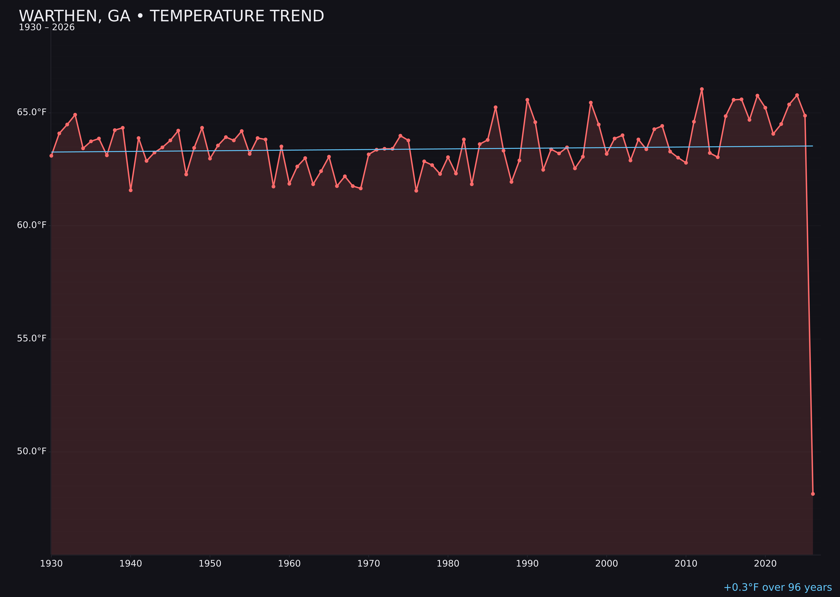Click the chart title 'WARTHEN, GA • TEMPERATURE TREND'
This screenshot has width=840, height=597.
171,16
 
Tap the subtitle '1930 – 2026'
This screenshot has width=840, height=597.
47,27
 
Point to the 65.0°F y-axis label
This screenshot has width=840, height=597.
32,112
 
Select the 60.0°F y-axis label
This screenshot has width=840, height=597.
32,225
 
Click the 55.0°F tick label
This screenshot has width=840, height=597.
32,338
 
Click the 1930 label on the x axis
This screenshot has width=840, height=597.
51,564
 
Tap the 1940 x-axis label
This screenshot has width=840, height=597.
131,564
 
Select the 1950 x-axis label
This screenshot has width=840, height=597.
210,564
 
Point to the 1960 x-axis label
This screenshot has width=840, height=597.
289,564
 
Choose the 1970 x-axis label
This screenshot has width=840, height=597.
369,564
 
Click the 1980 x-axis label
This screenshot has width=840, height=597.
448,564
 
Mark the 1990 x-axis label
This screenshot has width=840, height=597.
527,564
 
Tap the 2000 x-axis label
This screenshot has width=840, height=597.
606,564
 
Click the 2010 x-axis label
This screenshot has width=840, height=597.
686,564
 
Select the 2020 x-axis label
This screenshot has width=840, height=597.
765,564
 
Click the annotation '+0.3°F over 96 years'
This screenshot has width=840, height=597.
777,587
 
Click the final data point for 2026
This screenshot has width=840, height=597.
813,494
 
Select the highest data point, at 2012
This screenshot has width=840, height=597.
702,89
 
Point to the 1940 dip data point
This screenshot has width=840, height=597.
131,190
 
